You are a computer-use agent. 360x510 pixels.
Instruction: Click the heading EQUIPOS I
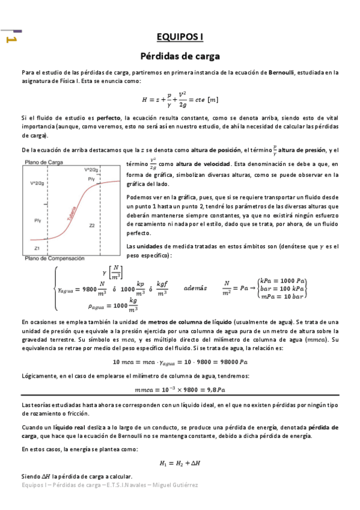[180, 37]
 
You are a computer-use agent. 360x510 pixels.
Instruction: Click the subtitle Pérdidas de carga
[180, 57]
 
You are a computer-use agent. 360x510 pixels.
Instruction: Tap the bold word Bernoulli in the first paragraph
[281, 72]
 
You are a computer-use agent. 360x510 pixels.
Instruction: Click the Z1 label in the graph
[37, 247]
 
